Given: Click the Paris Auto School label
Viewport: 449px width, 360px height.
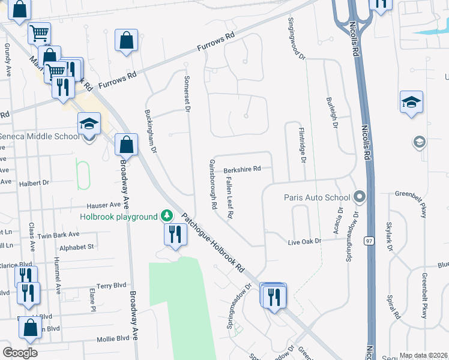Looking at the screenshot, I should coord(317,197).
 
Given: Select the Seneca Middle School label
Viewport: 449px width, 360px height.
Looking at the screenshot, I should coord(40,136).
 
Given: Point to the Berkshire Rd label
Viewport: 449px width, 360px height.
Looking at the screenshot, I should coord(242,169).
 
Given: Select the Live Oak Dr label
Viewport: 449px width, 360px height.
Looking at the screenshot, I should coord(305,241).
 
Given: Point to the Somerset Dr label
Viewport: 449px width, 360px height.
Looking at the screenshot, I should coord(187,94).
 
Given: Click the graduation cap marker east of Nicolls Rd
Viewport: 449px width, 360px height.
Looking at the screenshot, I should coord(412,102).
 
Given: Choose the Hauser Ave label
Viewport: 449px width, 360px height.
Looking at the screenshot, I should coord(103,205).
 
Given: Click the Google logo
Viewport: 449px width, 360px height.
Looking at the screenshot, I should coord(20,353).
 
